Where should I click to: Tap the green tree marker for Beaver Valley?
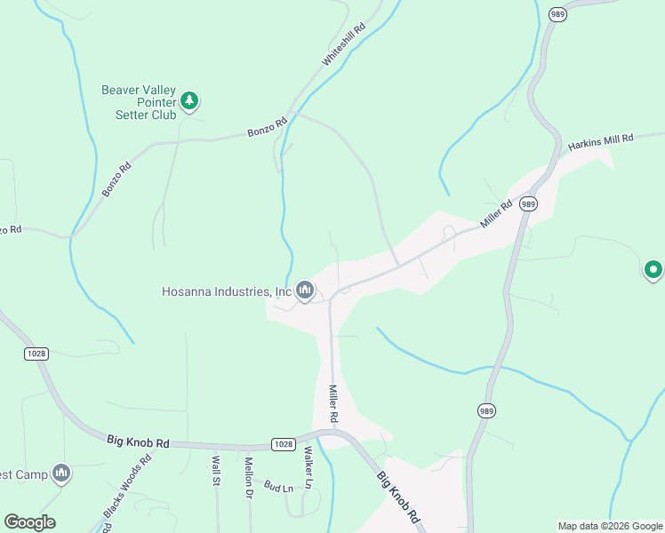(x=189, y=101)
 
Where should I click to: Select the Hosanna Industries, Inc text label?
(x=227, y=291)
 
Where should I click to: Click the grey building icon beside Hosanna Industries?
(x=305, y=290)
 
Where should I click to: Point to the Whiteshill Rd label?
(x=344, y=45)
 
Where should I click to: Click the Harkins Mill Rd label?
(x=601, y=140)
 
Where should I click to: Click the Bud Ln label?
(x=279, y=489)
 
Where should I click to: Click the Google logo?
(x=29, y=522)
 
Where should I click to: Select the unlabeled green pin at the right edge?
(x=653, y=268)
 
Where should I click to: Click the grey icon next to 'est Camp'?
(x=61, y=473)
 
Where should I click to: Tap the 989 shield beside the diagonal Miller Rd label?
(x=529, y=203)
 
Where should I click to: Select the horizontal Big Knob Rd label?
(x=138, y=441)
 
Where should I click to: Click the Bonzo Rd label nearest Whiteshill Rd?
(x=268, y=127)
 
